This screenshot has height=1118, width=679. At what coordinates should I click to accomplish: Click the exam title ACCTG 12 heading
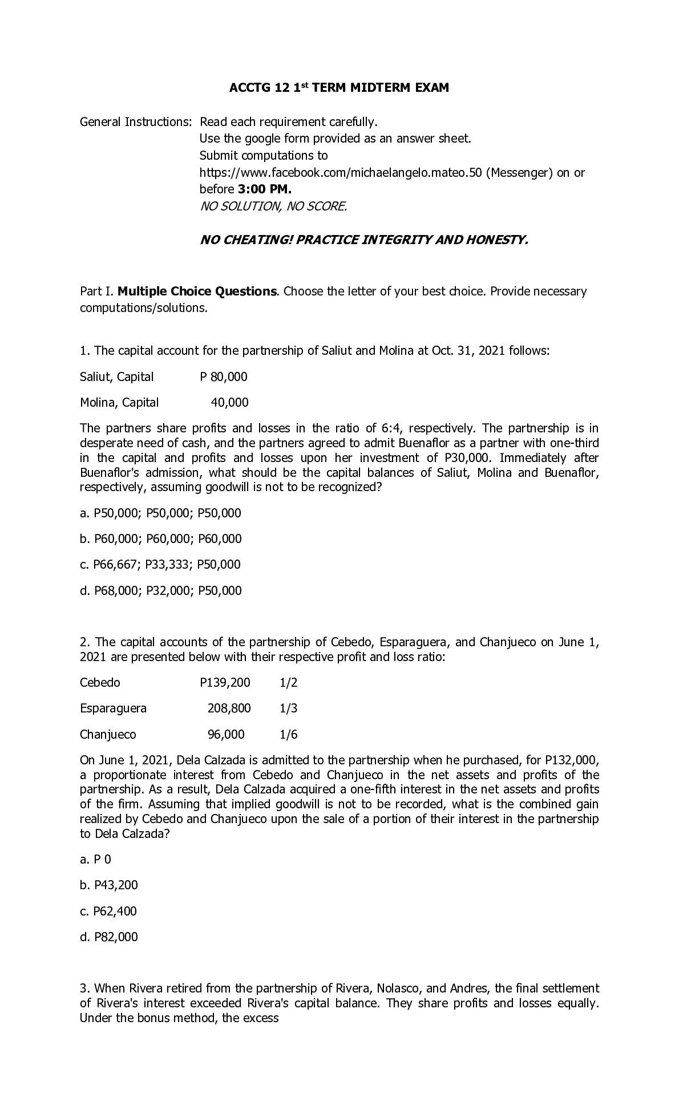coord(338,88)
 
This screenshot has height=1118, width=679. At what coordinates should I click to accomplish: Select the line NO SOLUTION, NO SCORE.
coord(273,206)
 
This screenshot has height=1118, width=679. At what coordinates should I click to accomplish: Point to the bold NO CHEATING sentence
coord(364,240)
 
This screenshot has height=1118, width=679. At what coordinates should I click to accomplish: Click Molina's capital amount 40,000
coord(229,403)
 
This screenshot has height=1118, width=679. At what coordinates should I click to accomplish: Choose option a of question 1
coord(160,513)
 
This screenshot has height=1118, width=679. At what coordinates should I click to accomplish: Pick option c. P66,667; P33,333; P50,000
coord(160,565)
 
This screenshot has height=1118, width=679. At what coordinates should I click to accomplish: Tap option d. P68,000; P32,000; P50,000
coord(160,591)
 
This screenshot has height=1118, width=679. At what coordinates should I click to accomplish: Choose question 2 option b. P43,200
coord(109,885)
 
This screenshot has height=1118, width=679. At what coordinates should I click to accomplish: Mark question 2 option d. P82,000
coord(109,937)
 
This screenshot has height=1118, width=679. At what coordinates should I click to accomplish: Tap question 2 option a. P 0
coord(96,860)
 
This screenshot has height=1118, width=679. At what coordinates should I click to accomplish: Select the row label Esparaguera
coord(113,708)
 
